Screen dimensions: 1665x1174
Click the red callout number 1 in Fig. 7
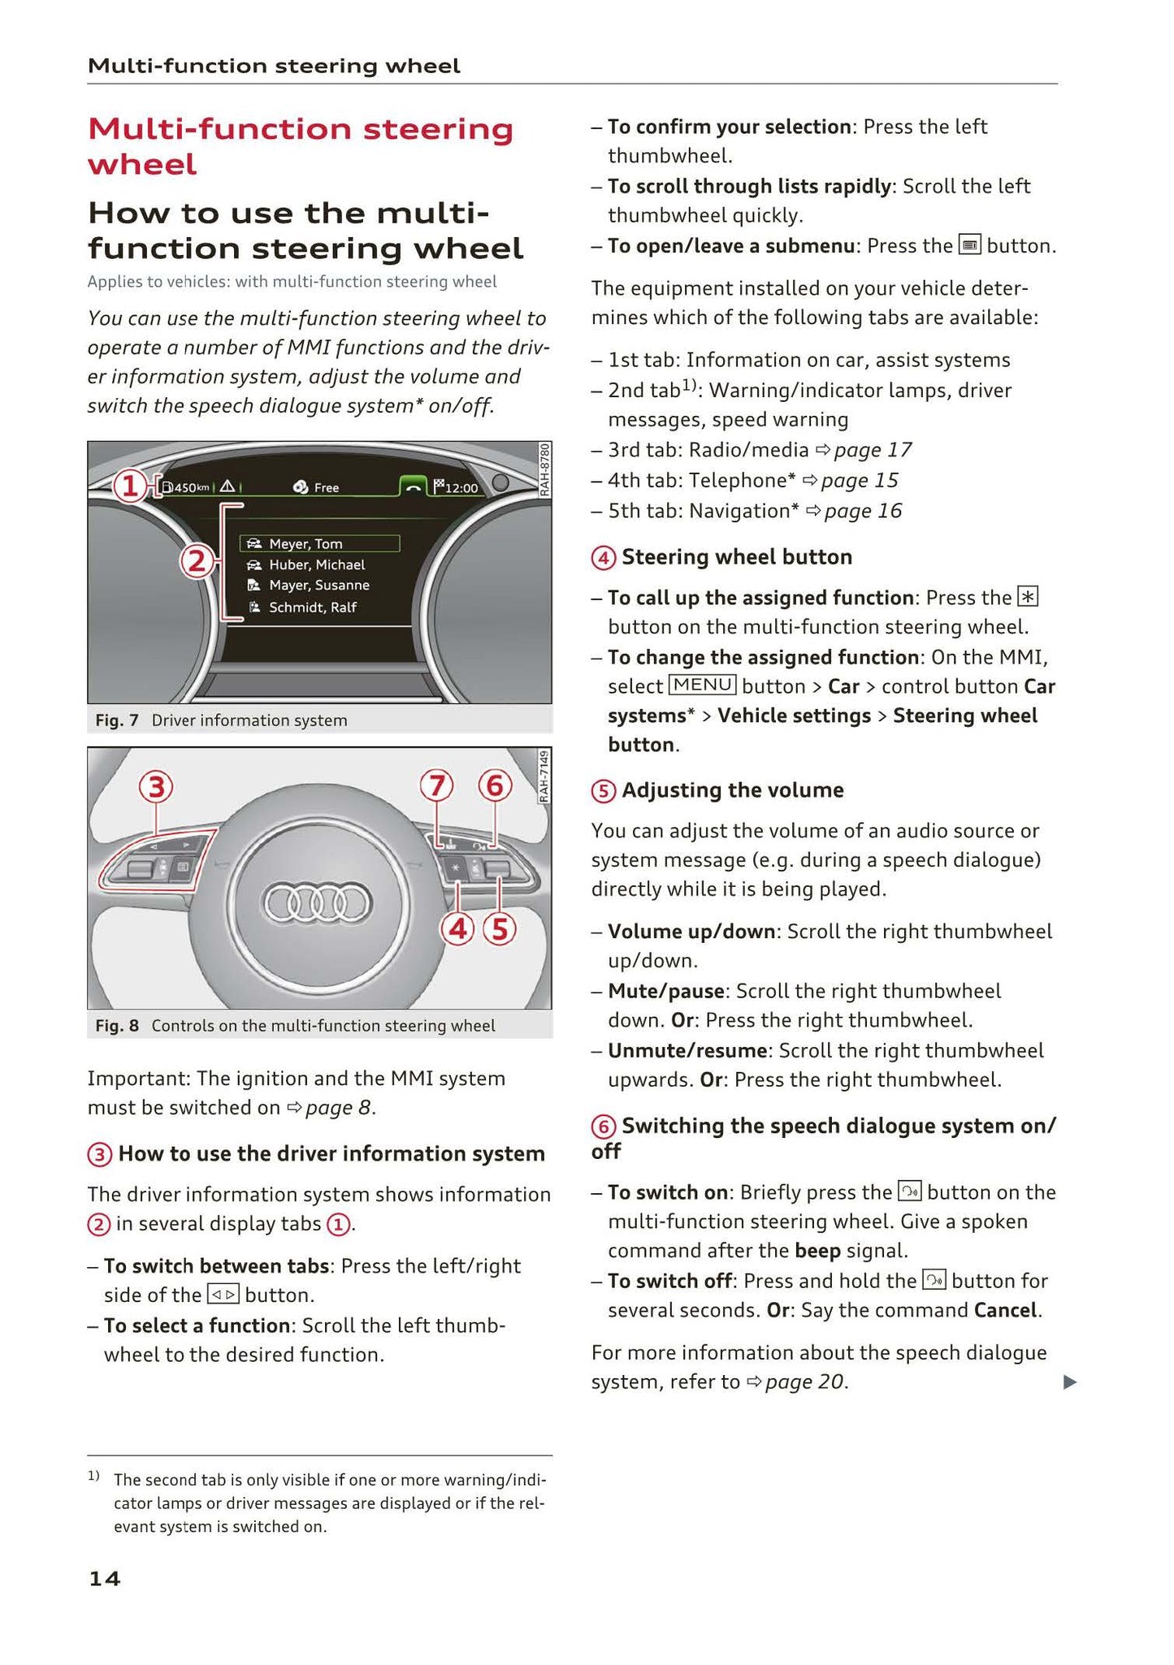[129, 487]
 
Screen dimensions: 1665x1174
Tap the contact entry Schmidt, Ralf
[312, 607]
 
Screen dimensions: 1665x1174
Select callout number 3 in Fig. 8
[156, 786]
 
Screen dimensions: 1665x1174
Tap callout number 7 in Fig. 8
[436, 785]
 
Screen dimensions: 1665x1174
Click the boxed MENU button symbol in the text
[702, 685]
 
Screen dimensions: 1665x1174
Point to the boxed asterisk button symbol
[1028, 598]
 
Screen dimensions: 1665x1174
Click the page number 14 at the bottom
[104, 1578]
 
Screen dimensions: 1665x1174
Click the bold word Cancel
[1005, 1310]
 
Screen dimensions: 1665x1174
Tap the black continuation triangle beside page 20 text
[1070, 1382]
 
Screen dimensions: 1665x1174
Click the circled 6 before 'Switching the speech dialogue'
[603, 1127]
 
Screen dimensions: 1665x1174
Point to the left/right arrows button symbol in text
[223, 1295]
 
